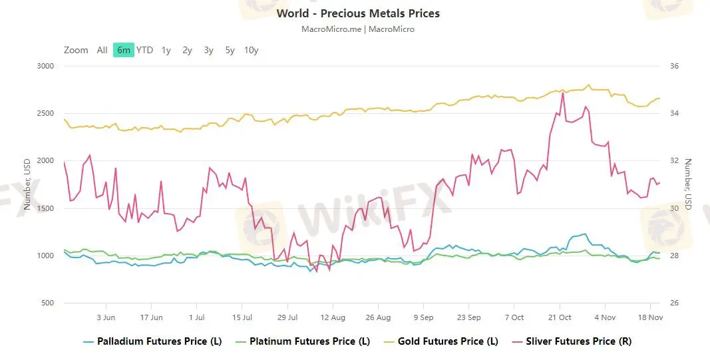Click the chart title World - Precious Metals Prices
(x=358, y=13)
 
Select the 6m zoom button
(x=123, y=50)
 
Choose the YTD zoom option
(x=144, y=50)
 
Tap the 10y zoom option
(x=251, y=50)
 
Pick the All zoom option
(x=102, y=50)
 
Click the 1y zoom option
(x=166, y=50)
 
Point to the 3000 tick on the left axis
(x=46, y=66)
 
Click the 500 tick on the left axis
(x=48, y=303)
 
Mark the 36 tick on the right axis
(x=673, y=66)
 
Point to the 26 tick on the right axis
(x=673, y=303)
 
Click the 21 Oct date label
(x=560, y=317)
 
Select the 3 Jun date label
(x=106, y=317)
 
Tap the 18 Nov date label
(x=650, y=317)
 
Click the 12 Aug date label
(x=333, y=317)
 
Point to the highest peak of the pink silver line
(x=563, y=92)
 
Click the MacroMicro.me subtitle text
(x=330, y=29)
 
